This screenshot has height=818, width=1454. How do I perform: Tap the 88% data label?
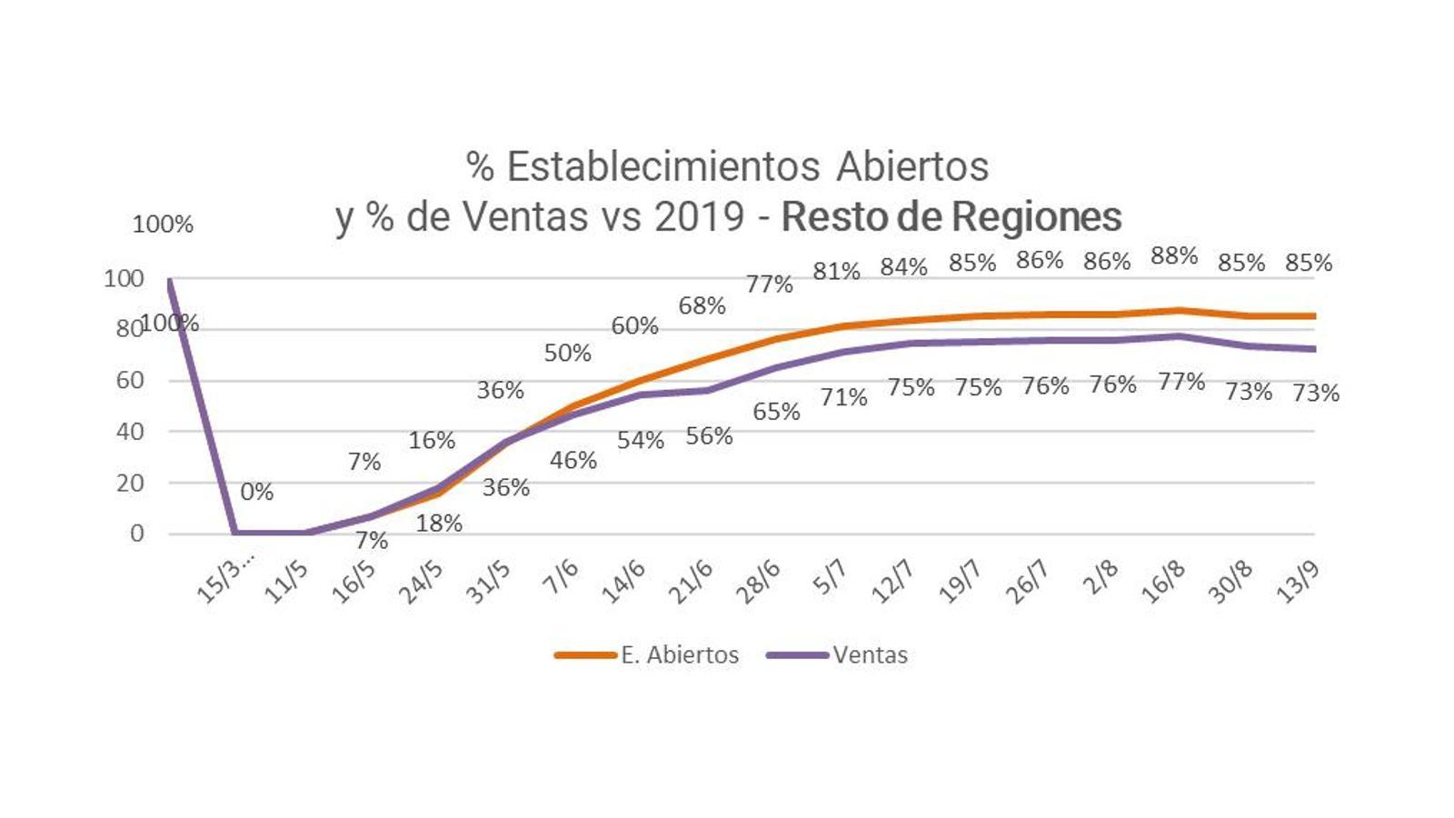1174,256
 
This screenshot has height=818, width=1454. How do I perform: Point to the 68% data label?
702,306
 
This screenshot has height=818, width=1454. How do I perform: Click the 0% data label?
257,492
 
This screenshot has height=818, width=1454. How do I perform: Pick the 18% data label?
439,524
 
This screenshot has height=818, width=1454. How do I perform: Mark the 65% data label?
776,412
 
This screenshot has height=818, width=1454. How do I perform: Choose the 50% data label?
567,353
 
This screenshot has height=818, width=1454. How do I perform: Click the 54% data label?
640,441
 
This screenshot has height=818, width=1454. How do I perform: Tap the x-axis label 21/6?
691,582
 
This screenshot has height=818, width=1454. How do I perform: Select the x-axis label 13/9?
1297,582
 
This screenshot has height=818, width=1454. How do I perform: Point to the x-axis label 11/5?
286,582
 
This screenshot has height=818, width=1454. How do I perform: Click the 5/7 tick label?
829,578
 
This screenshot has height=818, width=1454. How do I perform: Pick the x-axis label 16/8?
1162,582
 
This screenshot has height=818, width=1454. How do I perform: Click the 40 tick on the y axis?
130,432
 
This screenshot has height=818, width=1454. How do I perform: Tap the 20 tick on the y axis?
130,483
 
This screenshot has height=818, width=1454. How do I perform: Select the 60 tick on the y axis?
130,380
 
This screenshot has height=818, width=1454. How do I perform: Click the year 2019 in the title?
699,216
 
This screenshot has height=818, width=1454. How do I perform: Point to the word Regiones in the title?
1037,216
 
